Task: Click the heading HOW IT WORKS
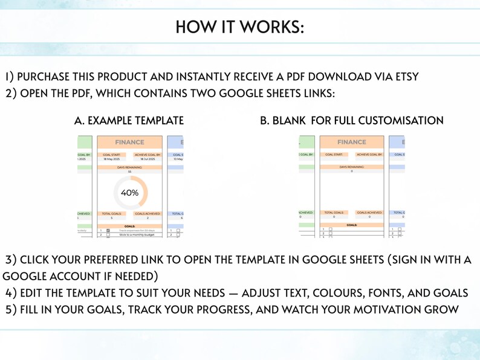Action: [x=240, y=27]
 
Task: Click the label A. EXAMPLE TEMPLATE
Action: [x=129, y=121]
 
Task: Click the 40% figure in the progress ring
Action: [x=130, y=193]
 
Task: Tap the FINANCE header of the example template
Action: [x=129, y=143]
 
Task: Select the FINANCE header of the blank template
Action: [x=352, y=143]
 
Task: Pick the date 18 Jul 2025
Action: [x=148, y=159]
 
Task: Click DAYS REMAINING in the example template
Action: [x=129, y=167]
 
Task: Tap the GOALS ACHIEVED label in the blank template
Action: [x=369, y=212]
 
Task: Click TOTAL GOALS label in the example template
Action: [x=112, y=213]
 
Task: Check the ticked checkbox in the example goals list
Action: [x=108, y=230]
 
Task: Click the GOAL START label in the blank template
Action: [x=334, y=155]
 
